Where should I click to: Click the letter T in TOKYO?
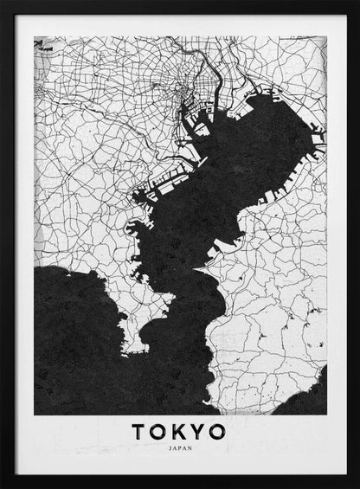click(x=138, y=431)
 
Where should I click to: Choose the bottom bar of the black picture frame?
click(x=180, y=483)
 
